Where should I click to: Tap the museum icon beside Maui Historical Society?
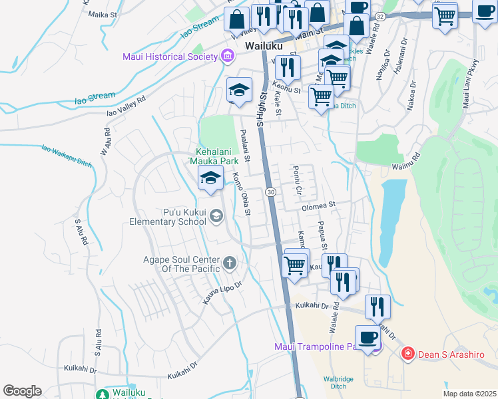point(228,57)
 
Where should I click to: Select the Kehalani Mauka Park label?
point(216,156)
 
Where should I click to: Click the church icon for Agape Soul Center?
point(230,263)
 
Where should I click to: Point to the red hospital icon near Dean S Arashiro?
point(407,353)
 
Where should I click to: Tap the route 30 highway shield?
point(270,192)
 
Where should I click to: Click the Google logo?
point(22,391)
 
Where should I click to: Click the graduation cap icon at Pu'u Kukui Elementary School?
point(216,215)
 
